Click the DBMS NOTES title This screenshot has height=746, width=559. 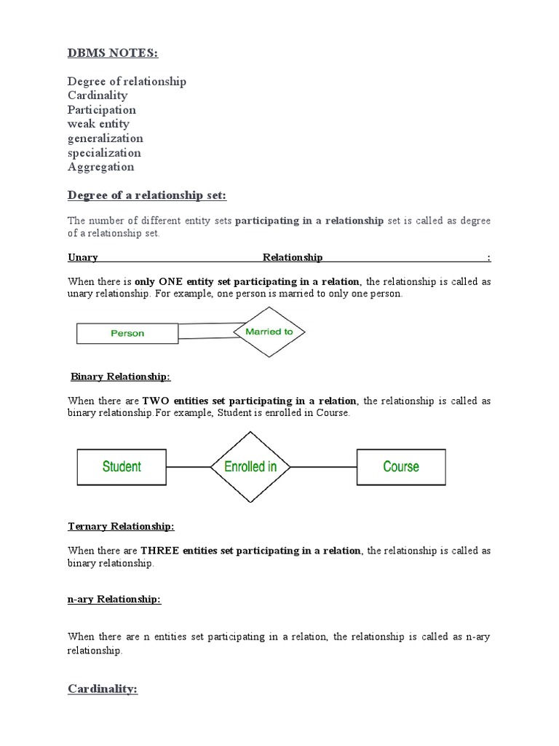coord(113,55)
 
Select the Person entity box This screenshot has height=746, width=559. coord(127,333)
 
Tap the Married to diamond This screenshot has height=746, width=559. coord(269,331)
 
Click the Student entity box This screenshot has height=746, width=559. coord(122,466)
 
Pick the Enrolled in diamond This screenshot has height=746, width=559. coord(250,466)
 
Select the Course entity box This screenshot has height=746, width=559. coord(401,466)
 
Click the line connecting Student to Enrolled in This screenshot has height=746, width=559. coord(188,466)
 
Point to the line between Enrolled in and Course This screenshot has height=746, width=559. coord(323,466)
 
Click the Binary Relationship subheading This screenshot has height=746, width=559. coord(121,377)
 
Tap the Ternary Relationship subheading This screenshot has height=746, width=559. coord(121,526)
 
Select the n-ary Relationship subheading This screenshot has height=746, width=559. coord(114,599)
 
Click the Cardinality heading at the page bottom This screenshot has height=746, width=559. coord(103,688)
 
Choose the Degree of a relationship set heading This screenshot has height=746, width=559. coord(147,195)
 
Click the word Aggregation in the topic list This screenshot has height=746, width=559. coord(100,167)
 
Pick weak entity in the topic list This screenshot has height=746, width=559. coord(98,124)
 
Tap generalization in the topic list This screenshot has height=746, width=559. coord(105,138)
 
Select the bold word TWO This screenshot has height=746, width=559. coord(155,401)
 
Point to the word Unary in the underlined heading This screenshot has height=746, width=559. coord(83,257)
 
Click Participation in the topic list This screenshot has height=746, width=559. coord(101,110)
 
